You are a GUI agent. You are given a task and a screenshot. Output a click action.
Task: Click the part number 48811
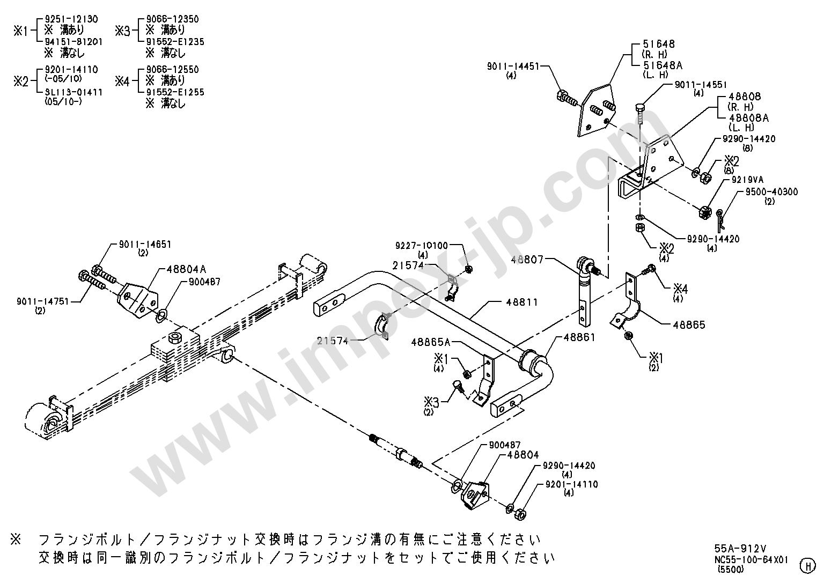(x=521, y=302)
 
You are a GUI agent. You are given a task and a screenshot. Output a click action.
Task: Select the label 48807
(x=527, y=260)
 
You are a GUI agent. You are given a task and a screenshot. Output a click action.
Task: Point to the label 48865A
(x=430, y=343)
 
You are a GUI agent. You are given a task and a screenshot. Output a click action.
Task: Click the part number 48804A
(x=186, y=269)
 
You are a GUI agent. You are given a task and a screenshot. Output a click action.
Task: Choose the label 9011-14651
(x=145, y=245)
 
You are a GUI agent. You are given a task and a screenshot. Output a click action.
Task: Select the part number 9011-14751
(x=43, y=301)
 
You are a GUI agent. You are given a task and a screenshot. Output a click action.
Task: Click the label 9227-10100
(x=422, y=245)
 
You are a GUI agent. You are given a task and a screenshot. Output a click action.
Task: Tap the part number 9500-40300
(x=772, y=192)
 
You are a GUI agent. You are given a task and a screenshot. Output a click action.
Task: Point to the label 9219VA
(x=747, y=180)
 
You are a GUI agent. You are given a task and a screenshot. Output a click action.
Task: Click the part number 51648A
(x=663, y=65)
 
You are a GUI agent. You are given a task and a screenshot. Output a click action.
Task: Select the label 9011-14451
(x=513, y=66)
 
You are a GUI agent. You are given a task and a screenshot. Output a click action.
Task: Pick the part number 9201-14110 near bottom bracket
(x=572, y=484)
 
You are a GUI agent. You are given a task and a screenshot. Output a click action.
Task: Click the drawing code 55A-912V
(x=740, y=549)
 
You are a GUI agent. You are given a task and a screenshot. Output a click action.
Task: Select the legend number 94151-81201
(x=73, y=42)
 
